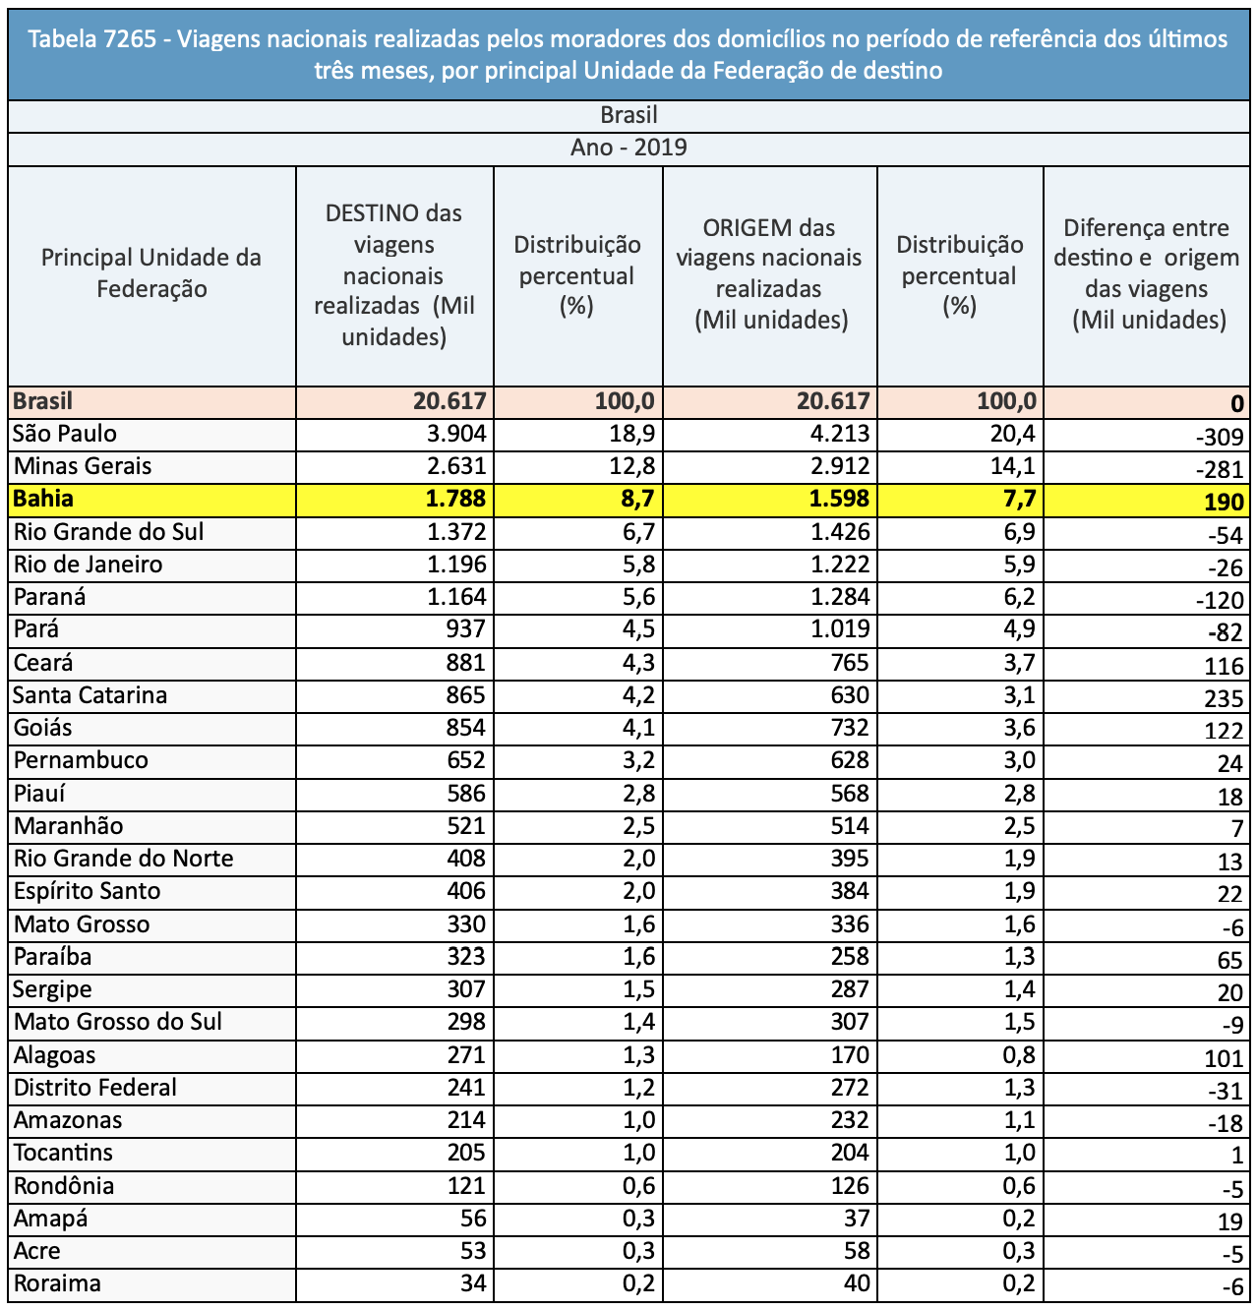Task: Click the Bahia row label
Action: (43, 499)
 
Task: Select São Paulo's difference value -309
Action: (1220, 437)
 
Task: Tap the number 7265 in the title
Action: (131, 39)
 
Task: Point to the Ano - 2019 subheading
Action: (628, 148)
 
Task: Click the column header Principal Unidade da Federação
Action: (151, 272)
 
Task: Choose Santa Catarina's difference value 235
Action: (1224, 698)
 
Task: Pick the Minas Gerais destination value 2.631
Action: (455, 466)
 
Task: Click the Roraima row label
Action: (57, 1283)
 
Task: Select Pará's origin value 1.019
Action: (840, 628)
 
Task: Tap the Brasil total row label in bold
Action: (42, 400)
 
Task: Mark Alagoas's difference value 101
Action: (1224, 1058)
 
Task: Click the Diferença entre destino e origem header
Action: (1147, 274)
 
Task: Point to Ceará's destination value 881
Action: (465, 663)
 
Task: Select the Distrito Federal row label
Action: (95, 1087)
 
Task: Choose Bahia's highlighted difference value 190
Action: (1224, 503)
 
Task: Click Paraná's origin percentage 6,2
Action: (1019, 596)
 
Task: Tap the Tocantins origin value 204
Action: (850, 1153)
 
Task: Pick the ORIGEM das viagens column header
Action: (769, 274)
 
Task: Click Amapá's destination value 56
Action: (473, 1218)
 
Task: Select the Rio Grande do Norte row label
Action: (123, 859)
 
